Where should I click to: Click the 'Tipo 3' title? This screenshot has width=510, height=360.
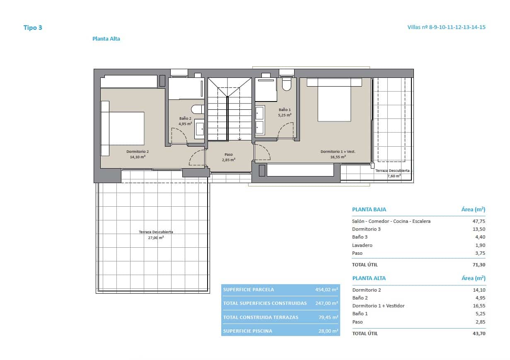tap(33, 28)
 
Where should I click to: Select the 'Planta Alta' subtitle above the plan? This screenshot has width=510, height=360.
tap(106, 39)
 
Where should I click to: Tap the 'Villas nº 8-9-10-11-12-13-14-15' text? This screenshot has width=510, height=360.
tap(446, 27)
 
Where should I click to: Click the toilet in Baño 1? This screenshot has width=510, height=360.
tap(286, 85)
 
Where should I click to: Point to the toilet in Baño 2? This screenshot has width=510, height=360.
tap(197, 109)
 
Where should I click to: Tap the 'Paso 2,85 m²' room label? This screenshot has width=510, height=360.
tap(228, 157)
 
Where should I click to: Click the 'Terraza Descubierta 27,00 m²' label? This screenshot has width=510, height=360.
tap(156, 235)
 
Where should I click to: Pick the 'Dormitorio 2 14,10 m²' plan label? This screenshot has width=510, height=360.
tap(137, 154)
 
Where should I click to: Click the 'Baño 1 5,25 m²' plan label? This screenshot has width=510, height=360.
tap(284, 112)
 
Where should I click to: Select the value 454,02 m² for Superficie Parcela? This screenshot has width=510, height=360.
tap(326, 290)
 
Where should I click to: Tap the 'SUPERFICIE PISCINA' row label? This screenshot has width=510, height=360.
tap(247, 331)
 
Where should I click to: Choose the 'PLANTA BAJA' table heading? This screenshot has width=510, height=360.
tap(369, 210)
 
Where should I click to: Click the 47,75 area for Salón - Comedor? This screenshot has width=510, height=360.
tap(479, 221)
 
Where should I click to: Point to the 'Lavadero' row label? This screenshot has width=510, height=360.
tap(362, 245)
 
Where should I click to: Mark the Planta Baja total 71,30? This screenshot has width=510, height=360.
tap(479, 265)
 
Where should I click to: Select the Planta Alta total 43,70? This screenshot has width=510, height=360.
tap(479, 333)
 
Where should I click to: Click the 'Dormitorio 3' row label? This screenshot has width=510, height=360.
tap(366, 229)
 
